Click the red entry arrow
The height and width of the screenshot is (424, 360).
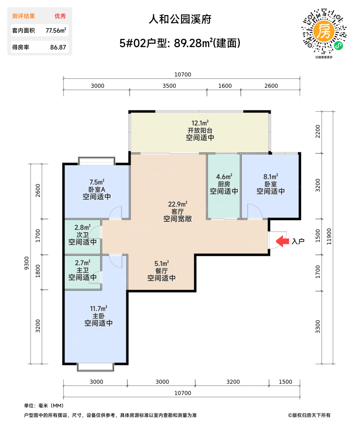click(x=282, y=241)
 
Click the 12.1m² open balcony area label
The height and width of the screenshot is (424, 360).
click(x=200, y=123)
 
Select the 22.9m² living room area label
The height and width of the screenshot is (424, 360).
click(x=178, y=204)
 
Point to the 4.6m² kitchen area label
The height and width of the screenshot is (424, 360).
click(x=224, y=177)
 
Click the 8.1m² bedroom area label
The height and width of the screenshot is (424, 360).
click(x=271, y=177)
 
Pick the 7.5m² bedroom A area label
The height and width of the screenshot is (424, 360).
click(x=97, y=182)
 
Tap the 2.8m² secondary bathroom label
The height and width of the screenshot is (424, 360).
click(x=82, y=227)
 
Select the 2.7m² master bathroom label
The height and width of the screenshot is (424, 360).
click(x=82, y=263)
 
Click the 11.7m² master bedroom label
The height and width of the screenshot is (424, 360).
click(x=98, y=309)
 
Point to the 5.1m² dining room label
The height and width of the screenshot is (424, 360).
click(x=162, y=263)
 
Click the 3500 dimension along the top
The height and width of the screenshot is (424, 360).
click(x=169, y=86)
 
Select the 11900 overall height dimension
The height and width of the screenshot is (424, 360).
click(x=329, y=237)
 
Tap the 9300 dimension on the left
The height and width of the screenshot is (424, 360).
click(x=27, y=263)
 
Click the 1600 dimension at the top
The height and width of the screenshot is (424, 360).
click(x=225, y=86)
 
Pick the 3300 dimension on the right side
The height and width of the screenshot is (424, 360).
click(x=318, y=326)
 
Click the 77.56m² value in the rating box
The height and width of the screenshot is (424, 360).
click(x=56, y=31)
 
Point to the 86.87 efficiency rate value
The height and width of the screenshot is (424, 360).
click(x=58, y=47)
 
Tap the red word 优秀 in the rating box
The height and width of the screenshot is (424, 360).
click(x=60, y=16)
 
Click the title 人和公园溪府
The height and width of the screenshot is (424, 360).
click(x=180, y=20)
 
